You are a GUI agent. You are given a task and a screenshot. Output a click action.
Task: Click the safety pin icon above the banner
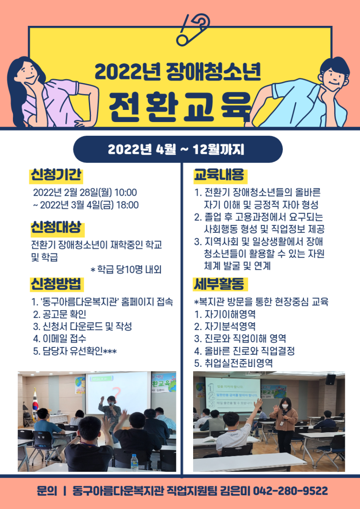click(x=193, y=28)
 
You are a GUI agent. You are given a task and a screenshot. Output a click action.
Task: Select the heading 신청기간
click(x=56, y=175)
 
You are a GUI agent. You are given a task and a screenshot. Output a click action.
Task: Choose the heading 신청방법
click(x=56, y=284)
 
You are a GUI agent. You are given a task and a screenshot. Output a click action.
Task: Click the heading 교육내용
click(x=219, y=175)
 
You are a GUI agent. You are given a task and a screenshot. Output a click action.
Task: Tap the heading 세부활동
click(x=219, y=284)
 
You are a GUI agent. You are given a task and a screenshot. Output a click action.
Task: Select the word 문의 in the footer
click(x=47, y=491)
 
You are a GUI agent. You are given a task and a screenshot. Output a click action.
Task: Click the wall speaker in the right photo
click(x=330, y=379)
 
